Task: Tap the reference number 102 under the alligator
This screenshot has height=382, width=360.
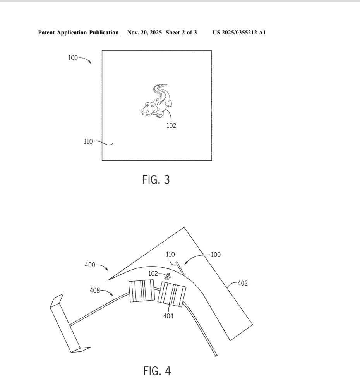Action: coord(171,126)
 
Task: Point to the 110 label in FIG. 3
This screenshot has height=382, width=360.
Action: coord(88,141)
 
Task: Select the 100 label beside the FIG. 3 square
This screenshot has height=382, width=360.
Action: coord(73,58)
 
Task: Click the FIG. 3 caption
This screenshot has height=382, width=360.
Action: coord(156,180)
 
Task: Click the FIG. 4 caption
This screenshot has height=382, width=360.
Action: coord(157,371)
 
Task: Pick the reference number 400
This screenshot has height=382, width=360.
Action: coord(90,265)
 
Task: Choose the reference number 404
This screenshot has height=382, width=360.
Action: coord(168,316)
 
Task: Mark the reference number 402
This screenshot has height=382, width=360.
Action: coord(242,283)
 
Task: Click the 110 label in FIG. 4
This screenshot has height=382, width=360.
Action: coord(170,255)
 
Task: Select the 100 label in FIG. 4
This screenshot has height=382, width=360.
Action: coord(216,255)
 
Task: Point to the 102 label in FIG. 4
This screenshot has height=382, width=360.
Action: coord(153,274)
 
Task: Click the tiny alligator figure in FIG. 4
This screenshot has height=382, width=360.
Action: coord(168,276)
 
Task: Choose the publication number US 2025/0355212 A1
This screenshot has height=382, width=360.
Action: coord(239,33)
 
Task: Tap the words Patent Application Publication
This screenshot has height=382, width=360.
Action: coord(78,33)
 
